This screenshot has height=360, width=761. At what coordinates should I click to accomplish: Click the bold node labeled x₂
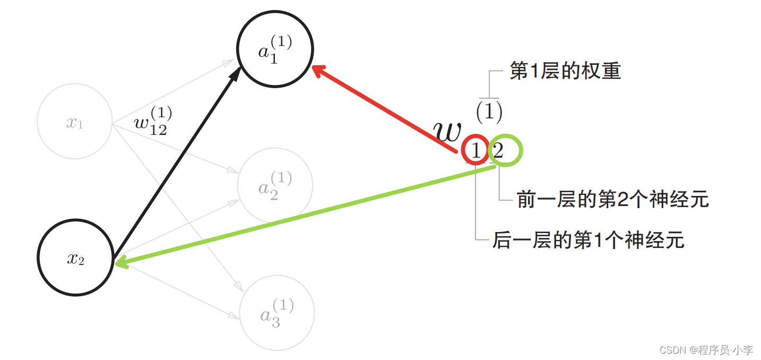coord(75,258)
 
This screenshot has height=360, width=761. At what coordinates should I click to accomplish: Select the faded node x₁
coord(74,122)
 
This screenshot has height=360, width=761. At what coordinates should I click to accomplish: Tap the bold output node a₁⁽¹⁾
coord(275,49)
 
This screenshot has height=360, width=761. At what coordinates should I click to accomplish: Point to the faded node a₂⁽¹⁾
coord(275,184)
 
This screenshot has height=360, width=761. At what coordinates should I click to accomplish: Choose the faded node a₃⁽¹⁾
coord(276,312)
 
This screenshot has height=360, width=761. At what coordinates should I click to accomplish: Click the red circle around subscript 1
coord(475,150)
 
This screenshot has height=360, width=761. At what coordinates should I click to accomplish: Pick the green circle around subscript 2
coord(505,150)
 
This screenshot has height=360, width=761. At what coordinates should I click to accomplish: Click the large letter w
coord(447,131)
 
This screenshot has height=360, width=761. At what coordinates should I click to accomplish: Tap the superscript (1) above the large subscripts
coord(488,111)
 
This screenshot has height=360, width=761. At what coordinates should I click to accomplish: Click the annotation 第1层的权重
coord(565,71)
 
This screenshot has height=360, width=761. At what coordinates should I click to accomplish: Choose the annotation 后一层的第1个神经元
coord(588,240)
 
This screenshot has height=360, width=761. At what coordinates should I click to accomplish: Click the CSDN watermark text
coord(706,350)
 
